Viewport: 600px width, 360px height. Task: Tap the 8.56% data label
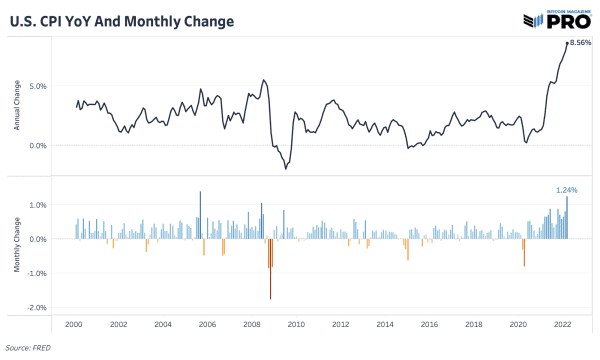pos(580,42)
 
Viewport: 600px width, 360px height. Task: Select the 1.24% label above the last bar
pos(566,189)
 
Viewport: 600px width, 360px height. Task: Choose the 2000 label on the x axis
pos(74,325)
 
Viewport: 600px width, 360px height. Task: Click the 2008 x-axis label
pos(251,325)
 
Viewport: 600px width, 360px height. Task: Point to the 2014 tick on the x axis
pos(384,325)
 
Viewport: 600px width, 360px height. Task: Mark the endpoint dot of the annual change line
pos(567,43)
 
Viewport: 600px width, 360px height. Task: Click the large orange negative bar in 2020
pos(524,252)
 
